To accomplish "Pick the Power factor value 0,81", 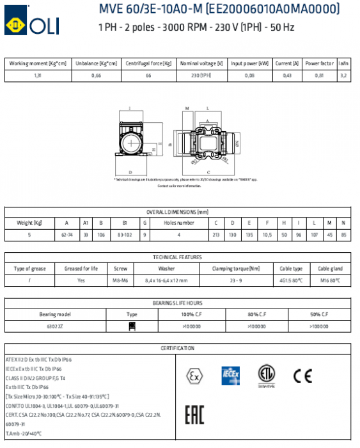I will point(318,76).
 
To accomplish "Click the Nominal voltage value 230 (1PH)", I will point(201,76).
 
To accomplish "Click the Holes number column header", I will point(179,223).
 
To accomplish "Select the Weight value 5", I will point(29,235).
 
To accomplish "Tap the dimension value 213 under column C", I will point(216,235).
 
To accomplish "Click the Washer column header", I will point(166,269).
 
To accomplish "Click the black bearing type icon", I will point(132,326).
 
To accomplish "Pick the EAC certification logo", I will point(194,415).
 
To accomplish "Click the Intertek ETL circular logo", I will point(265,374).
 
